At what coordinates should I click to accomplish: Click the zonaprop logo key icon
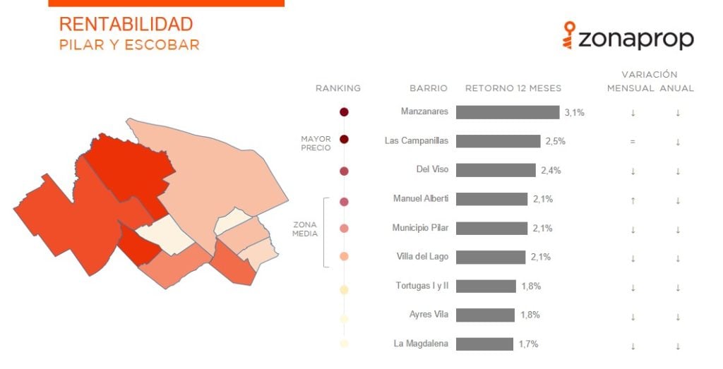click(x=570, y=35)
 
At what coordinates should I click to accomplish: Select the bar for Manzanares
click(x=508, y=112)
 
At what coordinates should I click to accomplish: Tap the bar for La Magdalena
click(x=484, y=344)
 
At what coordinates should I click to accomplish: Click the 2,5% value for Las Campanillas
click(x=555, y=141)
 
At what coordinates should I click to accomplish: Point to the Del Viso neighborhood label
click(x=432, y=169)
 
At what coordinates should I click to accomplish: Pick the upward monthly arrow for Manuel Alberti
click(x=633, y=200)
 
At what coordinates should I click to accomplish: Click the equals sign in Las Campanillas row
click(x=633, y=142)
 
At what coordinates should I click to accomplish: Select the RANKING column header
click(x=338, y=88)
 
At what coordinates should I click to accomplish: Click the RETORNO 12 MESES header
click(x=513, y=88)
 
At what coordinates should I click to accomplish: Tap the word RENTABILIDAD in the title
click(x=126, y=24)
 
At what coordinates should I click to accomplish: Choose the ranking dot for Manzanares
click(x=344, y=112)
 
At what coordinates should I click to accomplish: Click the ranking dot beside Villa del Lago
click(x=344, y=257)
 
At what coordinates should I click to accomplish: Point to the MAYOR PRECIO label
click(x=316, y=143)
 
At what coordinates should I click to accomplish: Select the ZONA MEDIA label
click(x=305, y=229)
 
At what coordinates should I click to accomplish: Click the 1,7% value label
click(x=528, y=344)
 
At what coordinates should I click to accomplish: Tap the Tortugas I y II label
click(x=422, y=286)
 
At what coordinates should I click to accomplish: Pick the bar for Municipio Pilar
click(x=491, y=228)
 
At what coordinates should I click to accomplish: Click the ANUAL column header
click(x=677, y=88)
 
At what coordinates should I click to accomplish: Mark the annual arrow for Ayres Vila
click(x=678, y=317)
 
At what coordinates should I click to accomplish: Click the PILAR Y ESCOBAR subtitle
click(x=130, y=44)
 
